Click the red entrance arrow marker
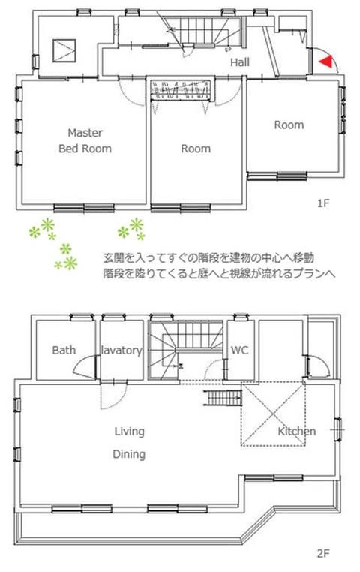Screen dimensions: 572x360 pyautogui.click(x=324, y=62)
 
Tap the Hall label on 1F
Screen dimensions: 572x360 pyautogui.click(x=240, y=62)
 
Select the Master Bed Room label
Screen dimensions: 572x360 pyautogui.click(x=85, y=139)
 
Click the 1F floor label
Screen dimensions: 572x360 pyautogui.click(x=322, y=203)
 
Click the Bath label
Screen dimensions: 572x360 pyautogui.click(x=64, y=350)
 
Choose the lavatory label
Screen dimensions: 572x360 pyautogui.click(x=121, y=350)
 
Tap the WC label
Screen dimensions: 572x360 pyautogui.click(x=240, y=350)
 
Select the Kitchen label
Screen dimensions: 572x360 pyautogui.click(x=297, y=432)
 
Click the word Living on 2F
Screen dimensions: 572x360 pyautogui.click(x=129, y=432)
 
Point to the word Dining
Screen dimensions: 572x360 pyautogui.click(x=129, y=454)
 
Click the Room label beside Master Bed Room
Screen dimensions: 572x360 pyautogui.click(x=196, y=149)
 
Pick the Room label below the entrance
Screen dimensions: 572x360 pyautogui.click(x=289, y=125)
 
